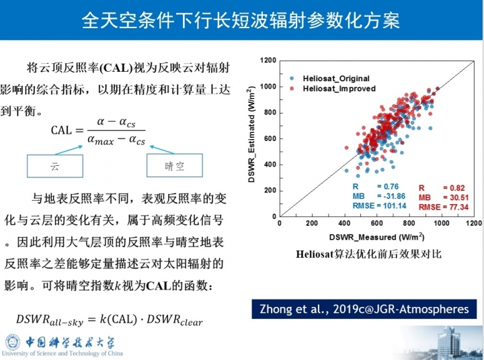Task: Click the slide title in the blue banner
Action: [241, 20]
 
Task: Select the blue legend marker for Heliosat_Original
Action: [292, 79]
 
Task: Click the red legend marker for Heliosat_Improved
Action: [292, 89]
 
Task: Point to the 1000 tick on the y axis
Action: [268, 87]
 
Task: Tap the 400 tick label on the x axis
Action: [344, 223]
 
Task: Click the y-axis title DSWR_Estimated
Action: [251, 134]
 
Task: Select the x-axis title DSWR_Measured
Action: [376, 237]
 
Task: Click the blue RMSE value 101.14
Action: [393, 206]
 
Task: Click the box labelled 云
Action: [55, 166]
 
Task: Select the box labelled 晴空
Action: [175, 166]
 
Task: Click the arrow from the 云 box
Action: [69, 150]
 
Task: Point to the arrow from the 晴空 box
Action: [162, 150]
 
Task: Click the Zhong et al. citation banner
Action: [364, 309]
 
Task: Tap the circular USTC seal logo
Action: [12, 342]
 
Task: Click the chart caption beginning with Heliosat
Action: [368, 254]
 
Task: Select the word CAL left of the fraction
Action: [61, 130]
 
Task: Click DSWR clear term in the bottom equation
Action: [175, 320]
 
